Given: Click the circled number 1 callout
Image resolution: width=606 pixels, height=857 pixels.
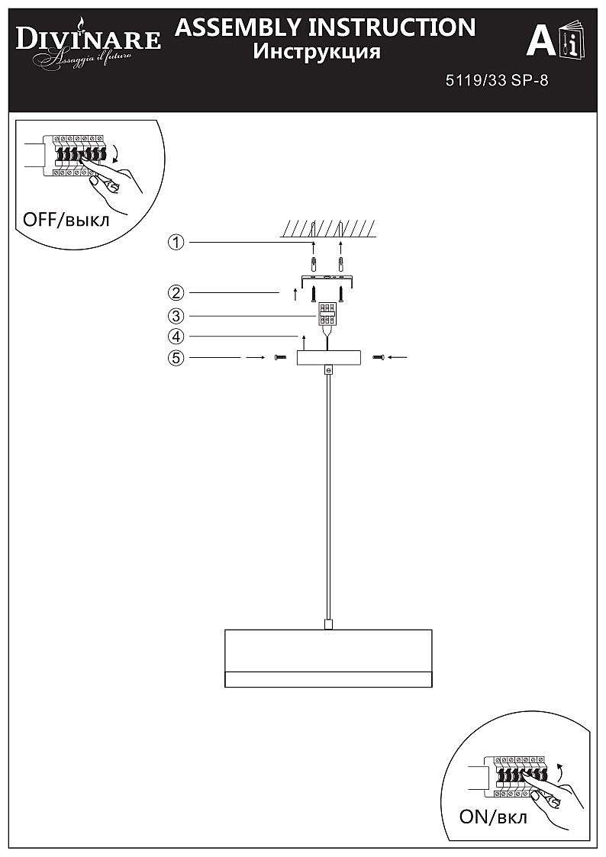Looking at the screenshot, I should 176,243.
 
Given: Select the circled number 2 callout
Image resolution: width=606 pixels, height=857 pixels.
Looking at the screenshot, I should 176,292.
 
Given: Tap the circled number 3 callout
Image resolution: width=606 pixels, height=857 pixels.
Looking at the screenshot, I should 176,315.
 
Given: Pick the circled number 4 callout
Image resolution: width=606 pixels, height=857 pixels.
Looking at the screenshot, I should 176,336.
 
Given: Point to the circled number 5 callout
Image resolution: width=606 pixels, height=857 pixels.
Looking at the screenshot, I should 176,357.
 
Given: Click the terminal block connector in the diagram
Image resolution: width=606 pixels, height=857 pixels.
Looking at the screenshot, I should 327,314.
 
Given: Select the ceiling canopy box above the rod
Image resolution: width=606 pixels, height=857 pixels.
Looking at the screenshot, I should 327,358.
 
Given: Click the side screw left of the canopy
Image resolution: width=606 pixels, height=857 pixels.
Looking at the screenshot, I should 279,357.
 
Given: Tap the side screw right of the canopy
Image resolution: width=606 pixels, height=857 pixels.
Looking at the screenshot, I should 377,357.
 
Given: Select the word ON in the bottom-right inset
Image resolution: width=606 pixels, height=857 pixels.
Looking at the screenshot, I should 475,817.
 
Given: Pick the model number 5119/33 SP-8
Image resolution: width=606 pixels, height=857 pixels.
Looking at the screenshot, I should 496,81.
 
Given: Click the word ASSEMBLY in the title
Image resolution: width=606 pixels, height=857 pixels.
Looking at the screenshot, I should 238,27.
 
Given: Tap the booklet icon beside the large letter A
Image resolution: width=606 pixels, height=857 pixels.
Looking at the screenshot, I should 570,41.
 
